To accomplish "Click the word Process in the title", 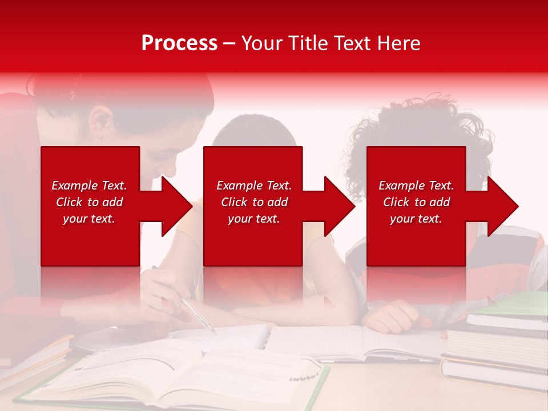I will point(179,43).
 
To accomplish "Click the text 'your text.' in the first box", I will point(89,219).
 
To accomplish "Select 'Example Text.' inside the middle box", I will point(253,186).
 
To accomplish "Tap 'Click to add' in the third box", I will point(416,202).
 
